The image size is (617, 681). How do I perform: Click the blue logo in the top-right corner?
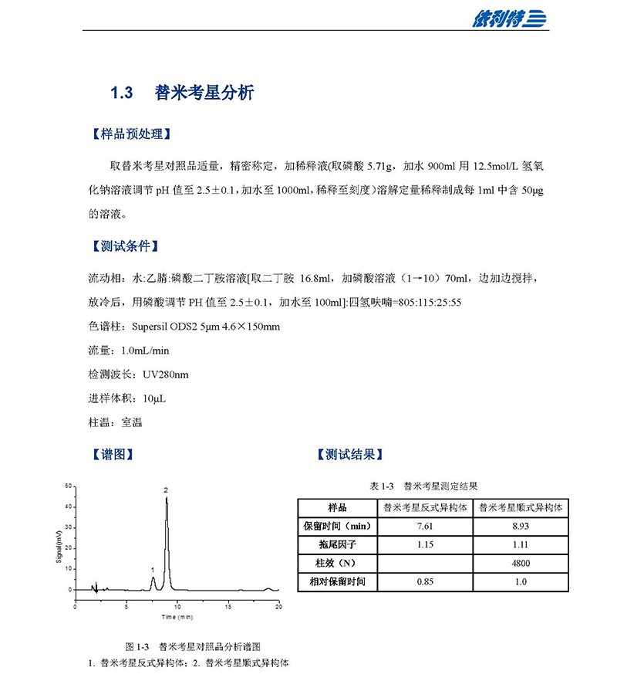[509, 19]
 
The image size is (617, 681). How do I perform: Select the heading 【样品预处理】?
[127, 134]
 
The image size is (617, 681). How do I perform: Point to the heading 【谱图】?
[113, 455]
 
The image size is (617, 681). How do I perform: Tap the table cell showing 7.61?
[425, 527]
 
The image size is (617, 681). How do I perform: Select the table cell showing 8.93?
[520, 527]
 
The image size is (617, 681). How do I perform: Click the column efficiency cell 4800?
[520, 563]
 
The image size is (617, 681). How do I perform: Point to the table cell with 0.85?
[425, 581]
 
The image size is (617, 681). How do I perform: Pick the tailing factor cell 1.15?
[425, 545]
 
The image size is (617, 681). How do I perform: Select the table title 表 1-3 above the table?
[383, 486]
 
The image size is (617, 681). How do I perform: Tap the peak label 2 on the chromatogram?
[166, 490]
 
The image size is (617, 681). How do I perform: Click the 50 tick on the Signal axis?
[69, 486]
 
